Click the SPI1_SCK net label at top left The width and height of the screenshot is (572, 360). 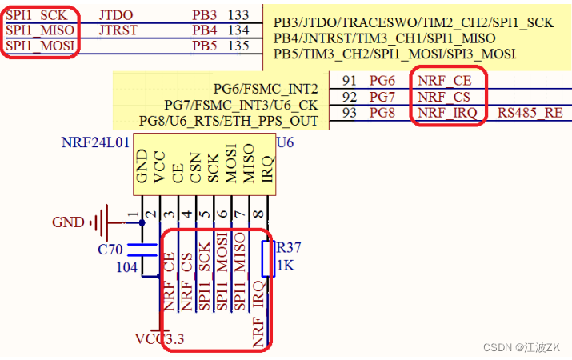[x=37, y=15]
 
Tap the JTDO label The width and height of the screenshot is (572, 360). [x=116, y=15]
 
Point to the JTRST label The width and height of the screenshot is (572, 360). [x=118, y=30]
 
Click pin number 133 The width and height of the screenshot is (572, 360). [x=238, y=15]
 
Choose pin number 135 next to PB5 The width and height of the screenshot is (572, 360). [x=238, y=46]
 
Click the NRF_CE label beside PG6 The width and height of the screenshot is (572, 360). [x=445, y=81]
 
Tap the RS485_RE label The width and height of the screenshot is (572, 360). [x=530, y=113]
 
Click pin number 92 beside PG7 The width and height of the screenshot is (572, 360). [x=348, y=97]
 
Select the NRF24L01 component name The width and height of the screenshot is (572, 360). [x=94, y=142]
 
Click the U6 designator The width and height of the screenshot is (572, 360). [x=286, y=142]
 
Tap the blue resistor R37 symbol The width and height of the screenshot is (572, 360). [x=269, y=258]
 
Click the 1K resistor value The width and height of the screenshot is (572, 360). [x=285, y=266]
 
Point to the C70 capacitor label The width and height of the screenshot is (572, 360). [x=110, y=250]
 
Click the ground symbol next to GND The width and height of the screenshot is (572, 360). [x=100, y=222]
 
